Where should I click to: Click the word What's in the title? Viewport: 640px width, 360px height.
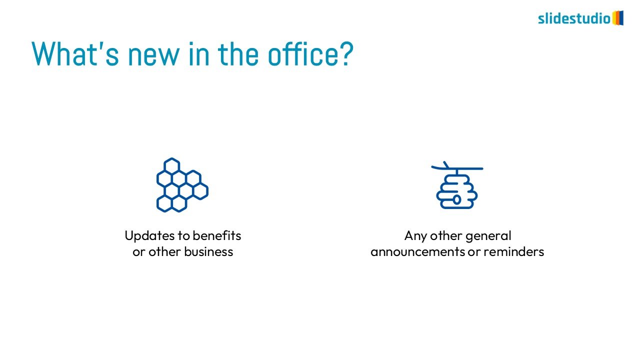tap(75, 53)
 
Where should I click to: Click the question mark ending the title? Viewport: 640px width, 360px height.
tap(346, 53)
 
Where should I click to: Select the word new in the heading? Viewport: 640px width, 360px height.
tap(153, 57)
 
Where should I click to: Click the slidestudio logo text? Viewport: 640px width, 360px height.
tap(574, 18)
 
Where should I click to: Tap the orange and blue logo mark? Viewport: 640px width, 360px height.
tap(617, 18)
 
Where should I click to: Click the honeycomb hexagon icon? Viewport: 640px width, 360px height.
tap(182, 185)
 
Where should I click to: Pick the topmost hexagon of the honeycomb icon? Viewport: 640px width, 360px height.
tap(171, 165)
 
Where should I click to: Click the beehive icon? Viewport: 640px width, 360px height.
tap(457, 185)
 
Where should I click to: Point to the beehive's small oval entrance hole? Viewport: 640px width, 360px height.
tap(457, 199)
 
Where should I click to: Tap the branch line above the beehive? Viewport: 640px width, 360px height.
tap(457, 167)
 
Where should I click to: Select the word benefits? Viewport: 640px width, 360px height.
tap(217, 235)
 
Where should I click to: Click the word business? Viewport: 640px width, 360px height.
tap(208, 251)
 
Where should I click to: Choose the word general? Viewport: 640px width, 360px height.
tap(488, 236)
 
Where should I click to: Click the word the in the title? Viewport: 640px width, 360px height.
tap(238, 53)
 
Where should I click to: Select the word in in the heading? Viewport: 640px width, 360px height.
tap(199, 53)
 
